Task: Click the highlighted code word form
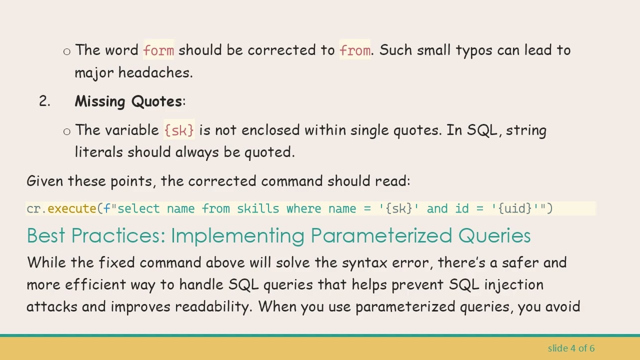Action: tap(158, 50)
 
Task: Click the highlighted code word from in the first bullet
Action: tap(355, 50)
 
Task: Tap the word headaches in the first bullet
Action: tap(155, 72)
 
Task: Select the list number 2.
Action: tap(44, 101)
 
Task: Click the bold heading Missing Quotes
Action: tap(128, 101)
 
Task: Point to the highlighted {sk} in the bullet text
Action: tap(179, 130)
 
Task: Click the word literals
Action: tap(99, 152)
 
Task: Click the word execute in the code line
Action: tap(71, 208)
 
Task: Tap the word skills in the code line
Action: tap(258, 208)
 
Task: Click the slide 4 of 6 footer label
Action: tap(571, 348)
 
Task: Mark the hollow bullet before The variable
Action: tap(67, 131)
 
